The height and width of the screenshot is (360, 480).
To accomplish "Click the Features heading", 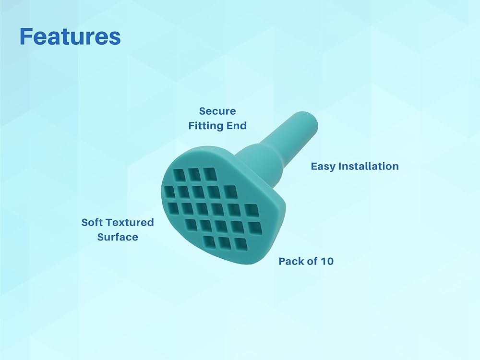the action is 70,36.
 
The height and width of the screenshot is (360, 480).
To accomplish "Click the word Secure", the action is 217,111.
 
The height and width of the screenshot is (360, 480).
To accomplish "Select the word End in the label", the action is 236,125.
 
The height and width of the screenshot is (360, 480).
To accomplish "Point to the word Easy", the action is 323,167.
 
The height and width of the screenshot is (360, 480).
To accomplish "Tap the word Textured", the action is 129,222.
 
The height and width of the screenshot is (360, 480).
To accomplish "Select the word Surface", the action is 118,237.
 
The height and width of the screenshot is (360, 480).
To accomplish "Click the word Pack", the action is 291,261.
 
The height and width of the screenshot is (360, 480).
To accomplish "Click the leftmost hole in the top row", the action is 179,175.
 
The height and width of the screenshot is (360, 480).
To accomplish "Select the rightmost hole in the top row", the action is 210,174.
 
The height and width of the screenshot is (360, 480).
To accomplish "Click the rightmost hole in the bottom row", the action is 240,244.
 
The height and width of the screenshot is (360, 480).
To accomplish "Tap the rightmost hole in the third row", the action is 252,210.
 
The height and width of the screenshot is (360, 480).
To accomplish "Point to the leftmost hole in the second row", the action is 169,192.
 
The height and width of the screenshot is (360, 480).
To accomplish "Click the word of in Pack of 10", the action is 312,261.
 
